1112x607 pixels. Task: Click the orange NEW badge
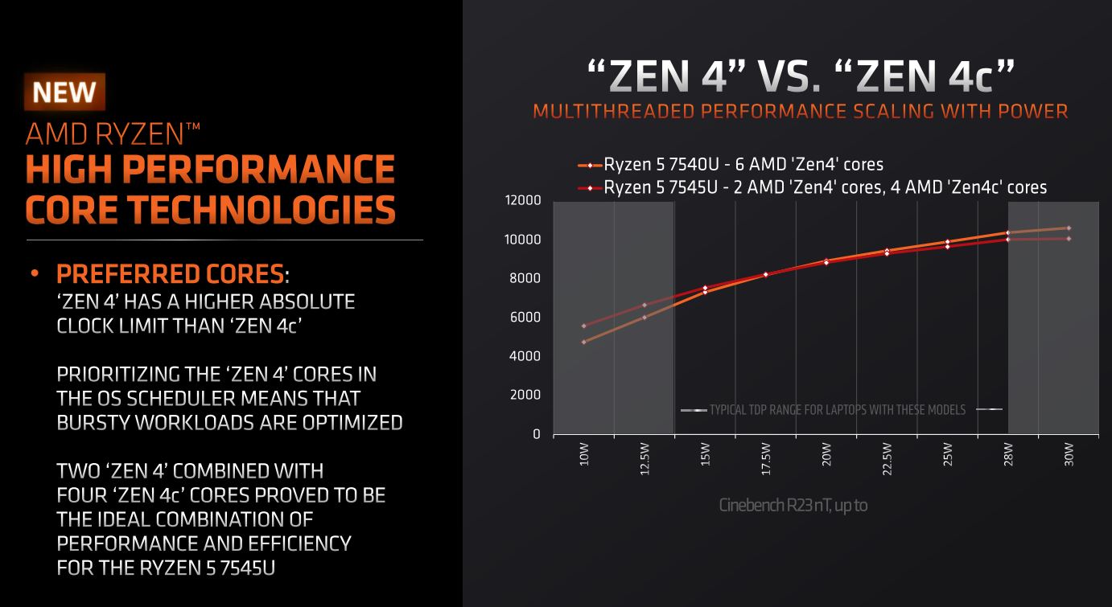click(64, 92)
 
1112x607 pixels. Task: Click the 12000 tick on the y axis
click(523, 201)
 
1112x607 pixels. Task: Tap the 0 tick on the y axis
click(536, 434)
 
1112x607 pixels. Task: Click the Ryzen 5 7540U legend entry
click(732, 165)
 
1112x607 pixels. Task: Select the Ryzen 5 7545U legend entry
click(813, 187)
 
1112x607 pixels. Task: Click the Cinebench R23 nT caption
click(793, 506)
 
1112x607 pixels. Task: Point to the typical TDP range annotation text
click(837, 410)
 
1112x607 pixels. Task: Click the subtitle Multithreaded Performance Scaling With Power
click(800, 110)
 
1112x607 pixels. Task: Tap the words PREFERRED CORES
click(170, 274)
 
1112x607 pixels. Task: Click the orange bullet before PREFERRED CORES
click(35, 274)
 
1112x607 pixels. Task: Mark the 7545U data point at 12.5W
click(645, 305)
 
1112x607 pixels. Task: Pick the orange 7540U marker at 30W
click(1069, 228)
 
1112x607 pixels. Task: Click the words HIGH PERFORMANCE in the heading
click(210, 170)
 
